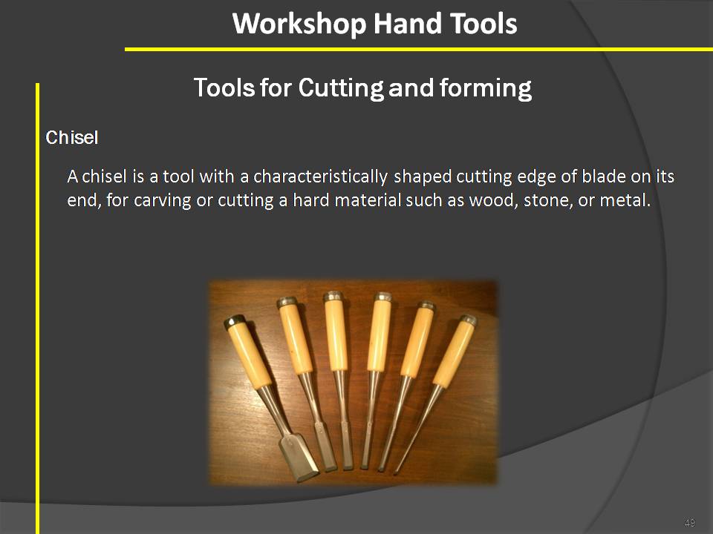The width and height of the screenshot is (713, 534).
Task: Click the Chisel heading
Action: click(x=72, y=138)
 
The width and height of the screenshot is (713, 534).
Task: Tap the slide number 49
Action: click(x=689, y=524)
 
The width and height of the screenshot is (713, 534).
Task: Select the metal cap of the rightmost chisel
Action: click(x=467, y=320)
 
